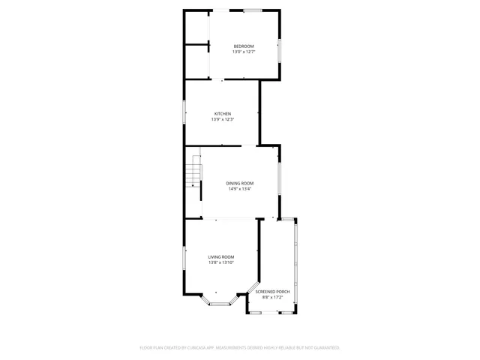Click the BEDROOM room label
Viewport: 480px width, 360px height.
tap(244, 46)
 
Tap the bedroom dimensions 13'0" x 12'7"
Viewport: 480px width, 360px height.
tap(244, 52)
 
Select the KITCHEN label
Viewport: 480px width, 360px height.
tap(223, 114)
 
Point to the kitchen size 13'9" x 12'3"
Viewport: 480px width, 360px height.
tap(223, 120)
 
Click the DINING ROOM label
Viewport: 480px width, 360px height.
tap(240, 183)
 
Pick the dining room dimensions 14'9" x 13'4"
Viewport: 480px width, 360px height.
tap(240, 189)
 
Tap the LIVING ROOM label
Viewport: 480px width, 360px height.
tap(221, 256)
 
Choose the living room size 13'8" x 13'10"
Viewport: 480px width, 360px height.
tap(221, 262)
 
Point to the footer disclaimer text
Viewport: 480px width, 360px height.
tap(240, 348)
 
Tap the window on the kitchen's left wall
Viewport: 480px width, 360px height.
tap(185, 112)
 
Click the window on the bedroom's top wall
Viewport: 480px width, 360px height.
tap(252, 10)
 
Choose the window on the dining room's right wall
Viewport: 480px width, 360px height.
tap(280, 180)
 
